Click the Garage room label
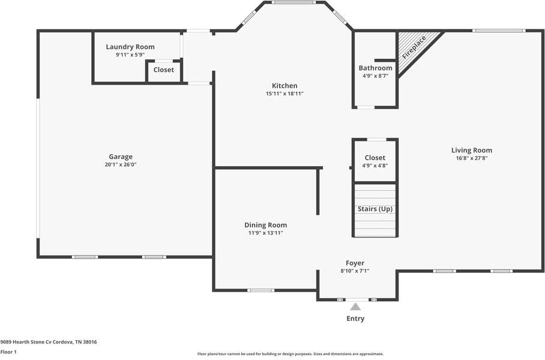click(x=121, y=157)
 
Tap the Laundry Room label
click(x=130, y=47)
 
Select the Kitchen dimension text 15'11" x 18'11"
click(x=285, y=94)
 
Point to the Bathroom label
click(x=375, y=68)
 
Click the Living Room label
click(x=472, y=151)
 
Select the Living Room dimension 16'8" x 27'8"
click(x=472, y=158)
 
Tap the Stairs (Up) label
click(x=375, y=209)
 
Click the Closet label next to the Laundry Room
click(x=163, y=70)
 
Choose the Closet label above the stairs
click(x=375, y=158)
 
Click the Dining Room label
click(x=265, y=225)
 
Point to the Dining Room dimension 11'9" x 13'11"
click(x=265, y=233)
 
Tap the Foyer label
click(x=355, y=263)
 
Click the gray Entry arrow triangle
click(x=355, y=307)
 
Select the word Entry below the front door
click(x=355, y=319)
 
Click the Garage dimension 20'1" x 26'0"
click(x=121, y=164)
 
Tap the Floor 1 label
click(x=8, y=352)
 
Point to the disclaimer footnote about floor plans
click(x=290, y=354)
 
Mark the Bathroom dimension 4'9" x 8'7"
click(x=375, y=76)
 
